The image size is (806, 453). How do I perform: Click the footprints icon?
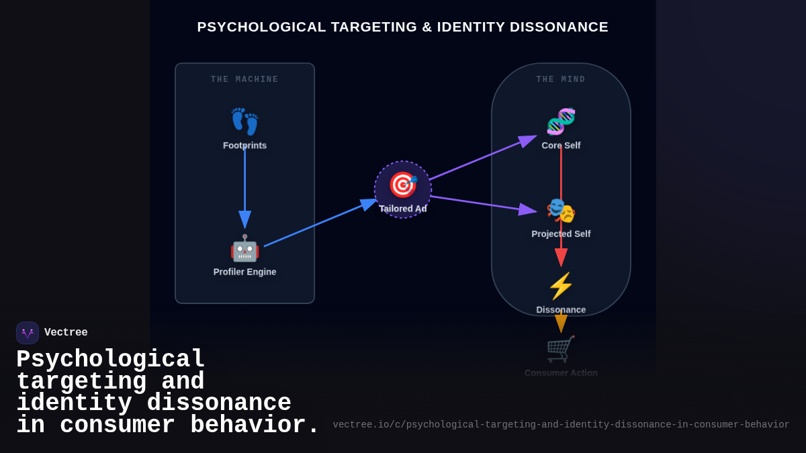[x=244, y=121]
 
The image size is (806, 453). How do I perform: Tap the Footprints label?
[x=244, y=146]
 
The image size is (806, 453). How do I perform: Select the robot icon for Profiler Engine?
[x=244, y=248]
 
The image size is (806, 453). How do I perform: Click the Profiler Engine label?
[x=244, y=272]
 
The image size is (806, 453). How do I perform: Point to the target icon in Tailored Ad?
[x=403, y=185]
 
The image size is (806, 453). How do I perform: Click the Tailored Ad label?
[x=403, y=209]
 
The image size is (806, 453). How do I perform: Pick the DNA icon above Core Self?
[x=561, y=121]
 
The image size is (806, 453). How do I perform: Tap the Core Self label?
[x=561, y=146]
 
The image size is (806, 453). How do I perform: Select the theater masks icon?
[x=561, y=211]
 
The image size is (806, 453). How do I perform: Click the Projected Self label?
[x=561, y=234]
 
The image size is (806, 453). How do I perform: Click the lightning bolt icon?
[x=561, y=286]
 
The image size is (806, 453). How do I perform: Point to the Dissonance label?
[x=561, y=309]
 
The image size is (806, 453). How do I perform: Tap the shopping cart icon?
[x=561, y=349]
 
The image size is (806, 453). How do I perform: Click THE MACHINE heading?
[x=244, y=80]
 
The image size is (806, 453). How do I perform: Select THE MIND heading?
[x=561, y=80]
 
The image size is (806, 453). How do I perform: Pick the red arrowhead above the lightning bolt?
[x=561, y=257]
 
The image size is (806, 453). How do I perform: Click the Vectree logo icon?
[x=28, y=333]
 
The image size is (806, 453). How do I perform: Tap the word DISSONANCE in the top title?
[x=559, y=27]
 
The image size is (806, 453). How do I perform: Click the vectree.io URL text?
[x=561, y=425]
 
